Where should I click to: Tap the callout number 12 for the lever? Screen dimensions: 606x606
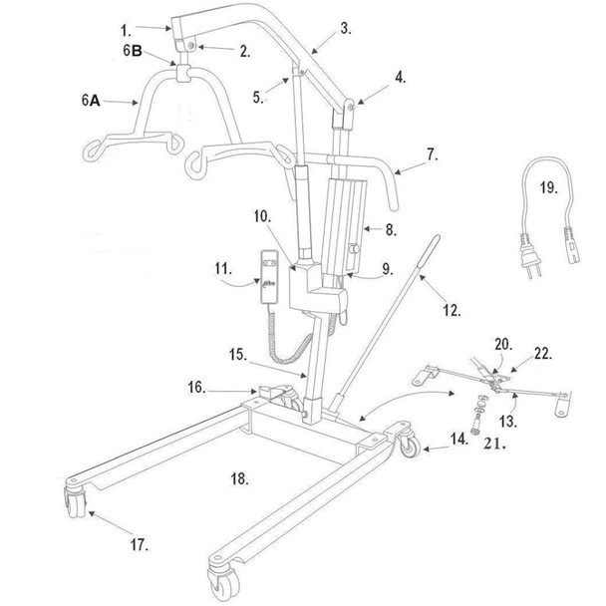pos(453,311)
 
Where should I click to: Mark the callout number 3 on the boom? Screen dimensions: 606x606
pos(345,28)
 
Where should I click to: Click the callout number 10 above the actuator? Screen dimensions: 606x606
pos(261,216)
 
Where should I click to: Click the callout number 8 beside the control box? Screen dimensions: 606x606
pos(390,228)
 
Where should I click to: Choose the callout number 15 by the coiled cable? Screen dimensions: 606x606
pos(237,354)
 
